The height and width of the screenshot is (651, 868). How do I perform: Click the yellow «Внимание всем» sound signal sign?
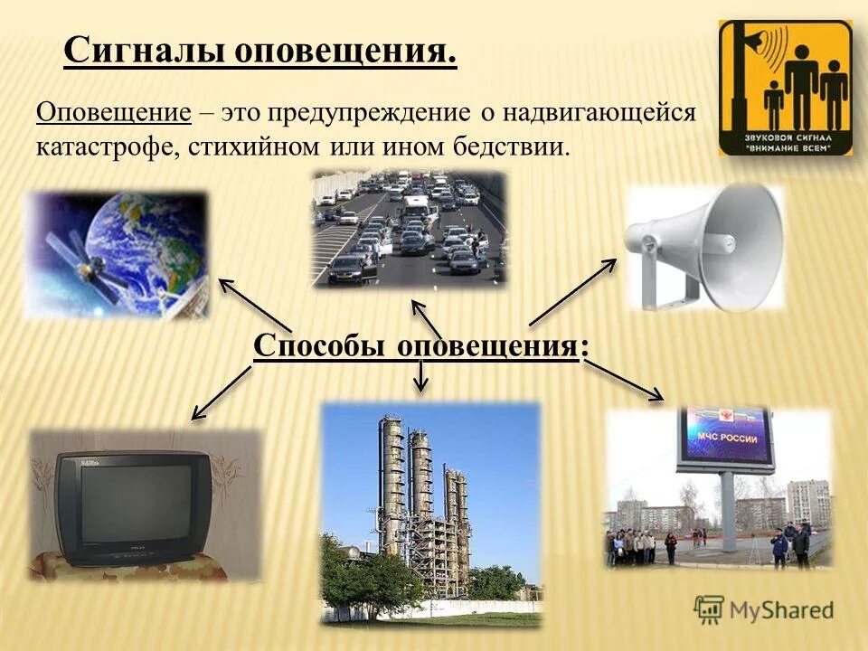pyautogui.click(x=785, y=88)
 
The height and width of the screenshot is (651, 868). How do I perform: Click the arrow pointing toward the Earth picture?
pyautogui.click(x=254, y=306)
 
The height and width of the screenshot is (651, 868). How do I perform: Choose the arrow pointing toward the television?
pyautogui.click(x=222, y=393)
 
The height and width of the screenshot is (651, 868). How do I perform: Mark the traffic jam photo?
pyautogui.click(x=409, y=229)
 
